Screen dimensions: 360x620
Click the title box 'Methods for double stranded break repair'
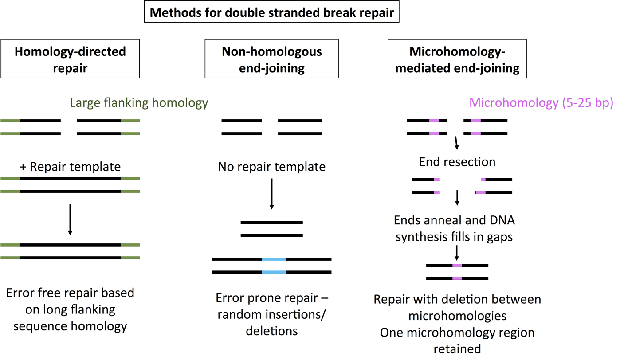[272, 12]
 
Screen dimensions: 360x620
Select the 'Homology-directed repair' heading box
[70, 59]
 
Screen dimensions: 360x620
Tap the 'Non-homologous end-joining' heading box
[271, 59]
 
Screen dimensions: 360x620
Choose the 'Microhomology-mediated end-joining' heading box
[457, 59]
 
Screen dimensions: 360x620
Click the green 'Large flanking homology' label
[139, 103]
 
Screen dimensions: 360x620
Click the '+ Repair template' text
[70, 167]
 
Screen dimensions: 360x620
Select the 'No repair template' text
[271, 167]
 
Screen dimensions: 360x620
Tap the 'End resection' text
[457, 162]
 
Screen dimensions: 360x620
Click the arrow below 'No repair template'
[272, 194]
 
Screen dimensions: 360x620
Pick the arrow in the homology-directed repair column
[70, 219]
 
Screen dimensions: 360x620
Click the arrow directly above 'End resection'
[456, 144]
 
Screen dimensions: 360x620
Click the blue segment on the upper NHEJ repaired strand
[274, 259]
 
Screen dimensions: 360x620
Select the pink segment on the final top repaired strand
[457, 266]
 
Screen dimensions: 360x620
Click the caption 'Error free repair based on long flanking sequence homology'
[70, 309]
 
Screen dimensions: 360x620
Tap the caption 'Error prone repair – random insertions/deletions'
[271, 314]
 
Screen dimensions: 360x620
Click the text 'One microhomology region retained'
[457, 340]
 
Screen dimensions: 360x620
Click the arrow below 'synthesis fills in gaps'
[456, 253]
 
